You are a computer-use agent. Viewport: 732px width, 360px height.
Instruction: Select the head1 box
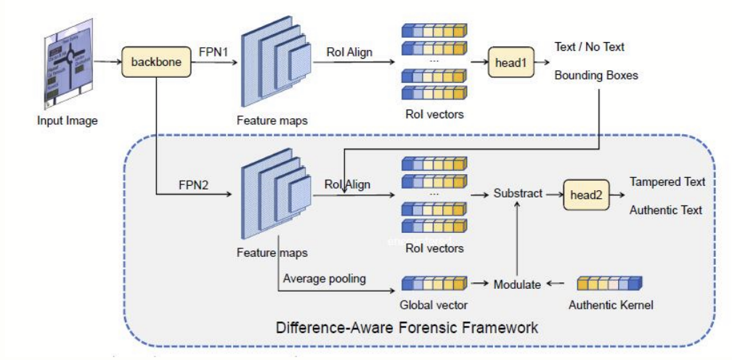[x=509, y=63]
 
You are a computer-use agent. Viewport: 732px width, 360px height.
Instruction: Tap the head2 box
[x=585, y=195]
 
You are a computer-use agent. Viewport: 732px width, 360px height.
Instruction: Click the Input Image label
[x=67, y=120]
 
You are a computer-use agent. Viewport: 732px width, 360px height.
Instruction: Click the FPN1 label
[x=214, y=52]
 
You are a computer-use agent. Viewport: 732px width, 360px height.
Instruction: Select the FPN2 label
[x=193, y=184]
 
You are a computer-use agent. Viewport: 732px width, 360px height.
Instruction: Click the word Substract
[x=518, y=194]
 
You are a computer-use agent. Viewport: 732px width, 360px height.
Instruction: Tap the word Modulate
[x=517, y=285]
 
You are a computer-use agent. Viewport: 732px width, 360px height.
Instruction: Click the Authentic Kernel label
[x=611, y=305]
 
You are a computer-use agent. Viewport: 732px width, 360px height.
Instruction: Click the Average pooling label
[x=324, y=279]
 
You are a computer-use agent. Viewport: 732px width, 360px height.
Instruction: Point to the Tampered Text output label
[x=667, y=181]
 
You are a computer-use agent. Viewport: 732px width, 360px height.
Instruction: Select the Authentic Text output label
[x=666, y=210]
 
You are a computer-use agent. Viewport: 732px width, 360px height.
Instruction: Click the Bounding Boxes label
[x=596, y=75]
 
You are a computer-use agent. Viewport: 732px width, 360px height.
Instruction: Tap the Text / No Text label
[x=589, y=47]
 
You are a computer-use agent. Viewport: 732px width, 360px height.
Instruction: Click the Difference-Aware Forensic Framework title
[x=407, y=327]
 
